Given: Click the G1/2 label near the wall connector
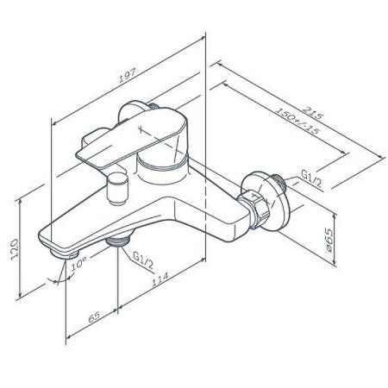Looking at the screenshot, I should [312, 177].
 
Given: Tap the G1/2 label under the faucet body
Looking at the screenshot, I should [144, 256].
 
